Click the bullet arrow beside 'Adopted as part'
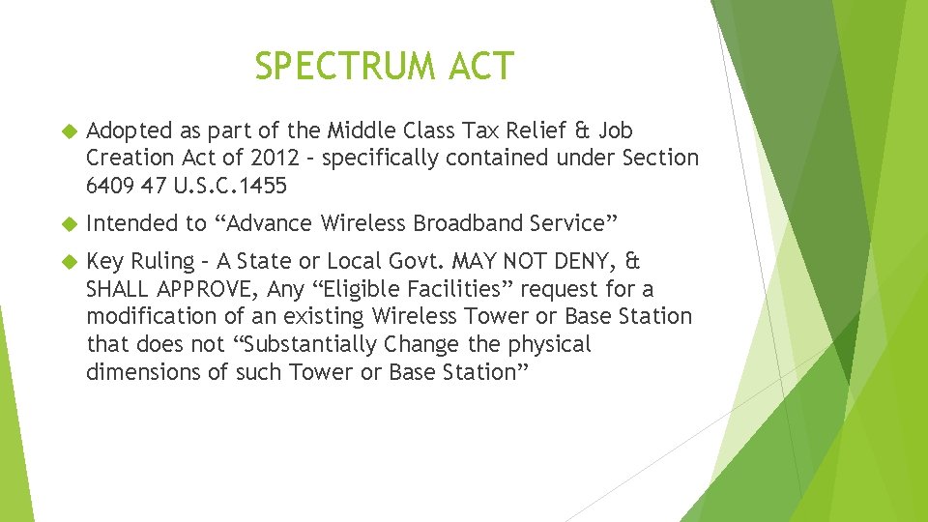69,130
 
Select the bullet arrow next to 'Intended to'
69,224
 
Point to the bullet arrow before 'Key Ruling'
69,262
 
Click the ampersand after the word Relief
583,130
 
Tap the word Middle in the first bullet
360,130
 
